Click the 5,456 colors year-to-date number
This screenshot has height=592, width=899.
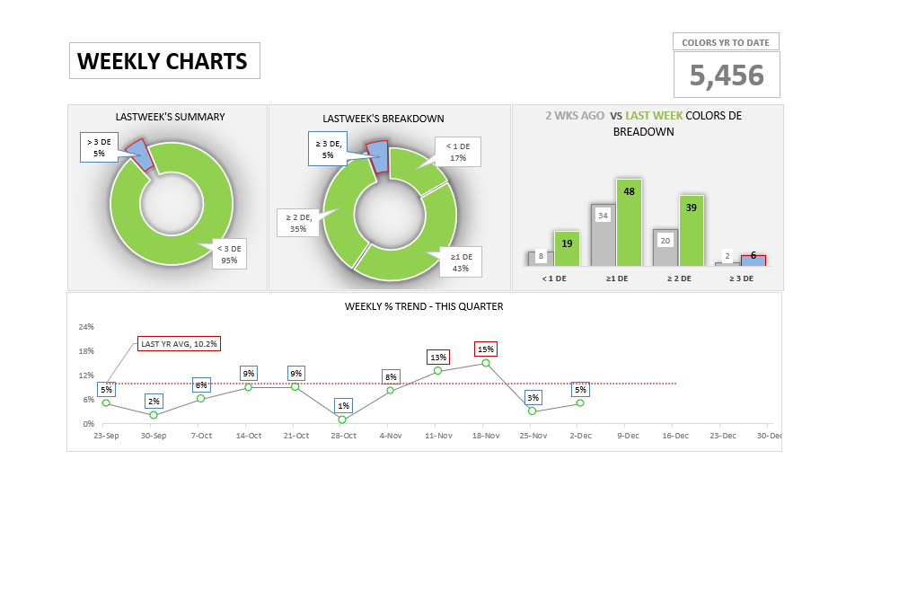(x=727, y=75)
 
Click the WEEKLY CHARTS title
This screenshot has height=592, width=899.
(x=163, y=61)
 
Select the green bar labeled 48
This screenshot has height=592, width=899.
(x=629, y=223)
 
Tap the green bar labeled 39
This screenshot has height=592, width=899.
(x=692, y=231)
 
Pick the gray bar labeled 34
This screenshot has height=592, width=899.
(x=603, y=235)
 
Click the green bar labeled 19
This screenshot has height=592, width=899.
(x=567, y=249)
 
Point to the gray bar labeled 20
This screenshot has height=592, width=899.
(x=665, y=248)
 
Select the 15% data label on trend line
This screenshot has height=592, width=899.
(x=486, y=349)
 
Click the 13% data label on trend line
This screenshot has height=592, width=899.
(x=438, y=357)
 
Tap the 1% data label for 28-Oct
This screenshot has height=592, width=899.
(x=343, y=405)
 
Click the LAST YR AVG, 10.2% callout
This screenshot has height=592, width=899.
(x=179, y=343)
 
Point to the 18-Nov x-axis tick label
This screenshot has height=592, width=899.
(x=485, y=436)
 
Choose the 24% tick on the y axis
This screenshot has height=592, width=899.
(x=86, y=327)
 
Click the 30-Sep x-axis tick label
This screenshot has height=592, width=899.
(x=154, y=436)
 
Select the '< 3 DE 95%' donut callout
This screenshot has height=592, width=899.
(x=229, y=254)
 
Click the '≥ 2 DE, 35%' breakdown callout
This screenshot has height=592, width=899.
(x=298, y=223)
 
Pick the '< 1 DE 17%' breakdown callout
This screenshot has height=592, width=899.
(x=457, y=152)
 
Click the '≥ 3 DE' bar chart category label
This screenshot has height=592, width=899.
(x=741, y=278)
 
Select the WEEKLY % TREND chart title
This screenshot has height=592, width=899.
(x=424, y=306)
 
